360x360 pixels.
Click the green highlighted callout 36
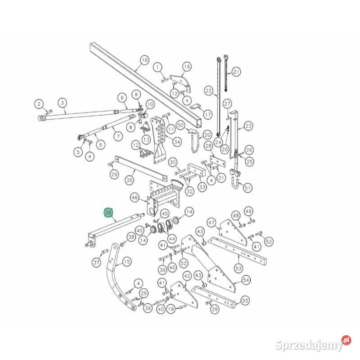[108, 212]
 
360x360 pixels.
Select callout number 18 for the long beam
[144, 60]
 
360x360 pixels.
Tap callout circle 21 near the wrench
[236, 72]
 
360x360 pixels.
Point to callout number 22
[208, 91]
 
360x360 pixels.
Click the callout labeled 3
[63, 103]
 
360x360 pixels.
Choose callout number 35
[129, 180]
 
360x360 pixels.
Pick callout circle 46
[135, 198]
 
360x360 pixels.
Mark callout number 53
[238, 268]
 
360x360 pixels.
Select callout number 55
[245, 300]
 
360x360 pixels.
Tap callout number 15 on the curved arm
[127, 261]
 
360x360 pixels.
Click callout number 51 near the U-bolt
[247, 188]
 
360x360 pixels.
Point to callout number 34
[177, 142]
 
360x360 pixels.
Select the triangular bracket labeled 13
[145, 127]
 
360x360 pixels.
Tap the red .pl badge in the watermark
[346, 340]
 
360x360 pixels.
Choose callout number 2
[39, 104]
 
